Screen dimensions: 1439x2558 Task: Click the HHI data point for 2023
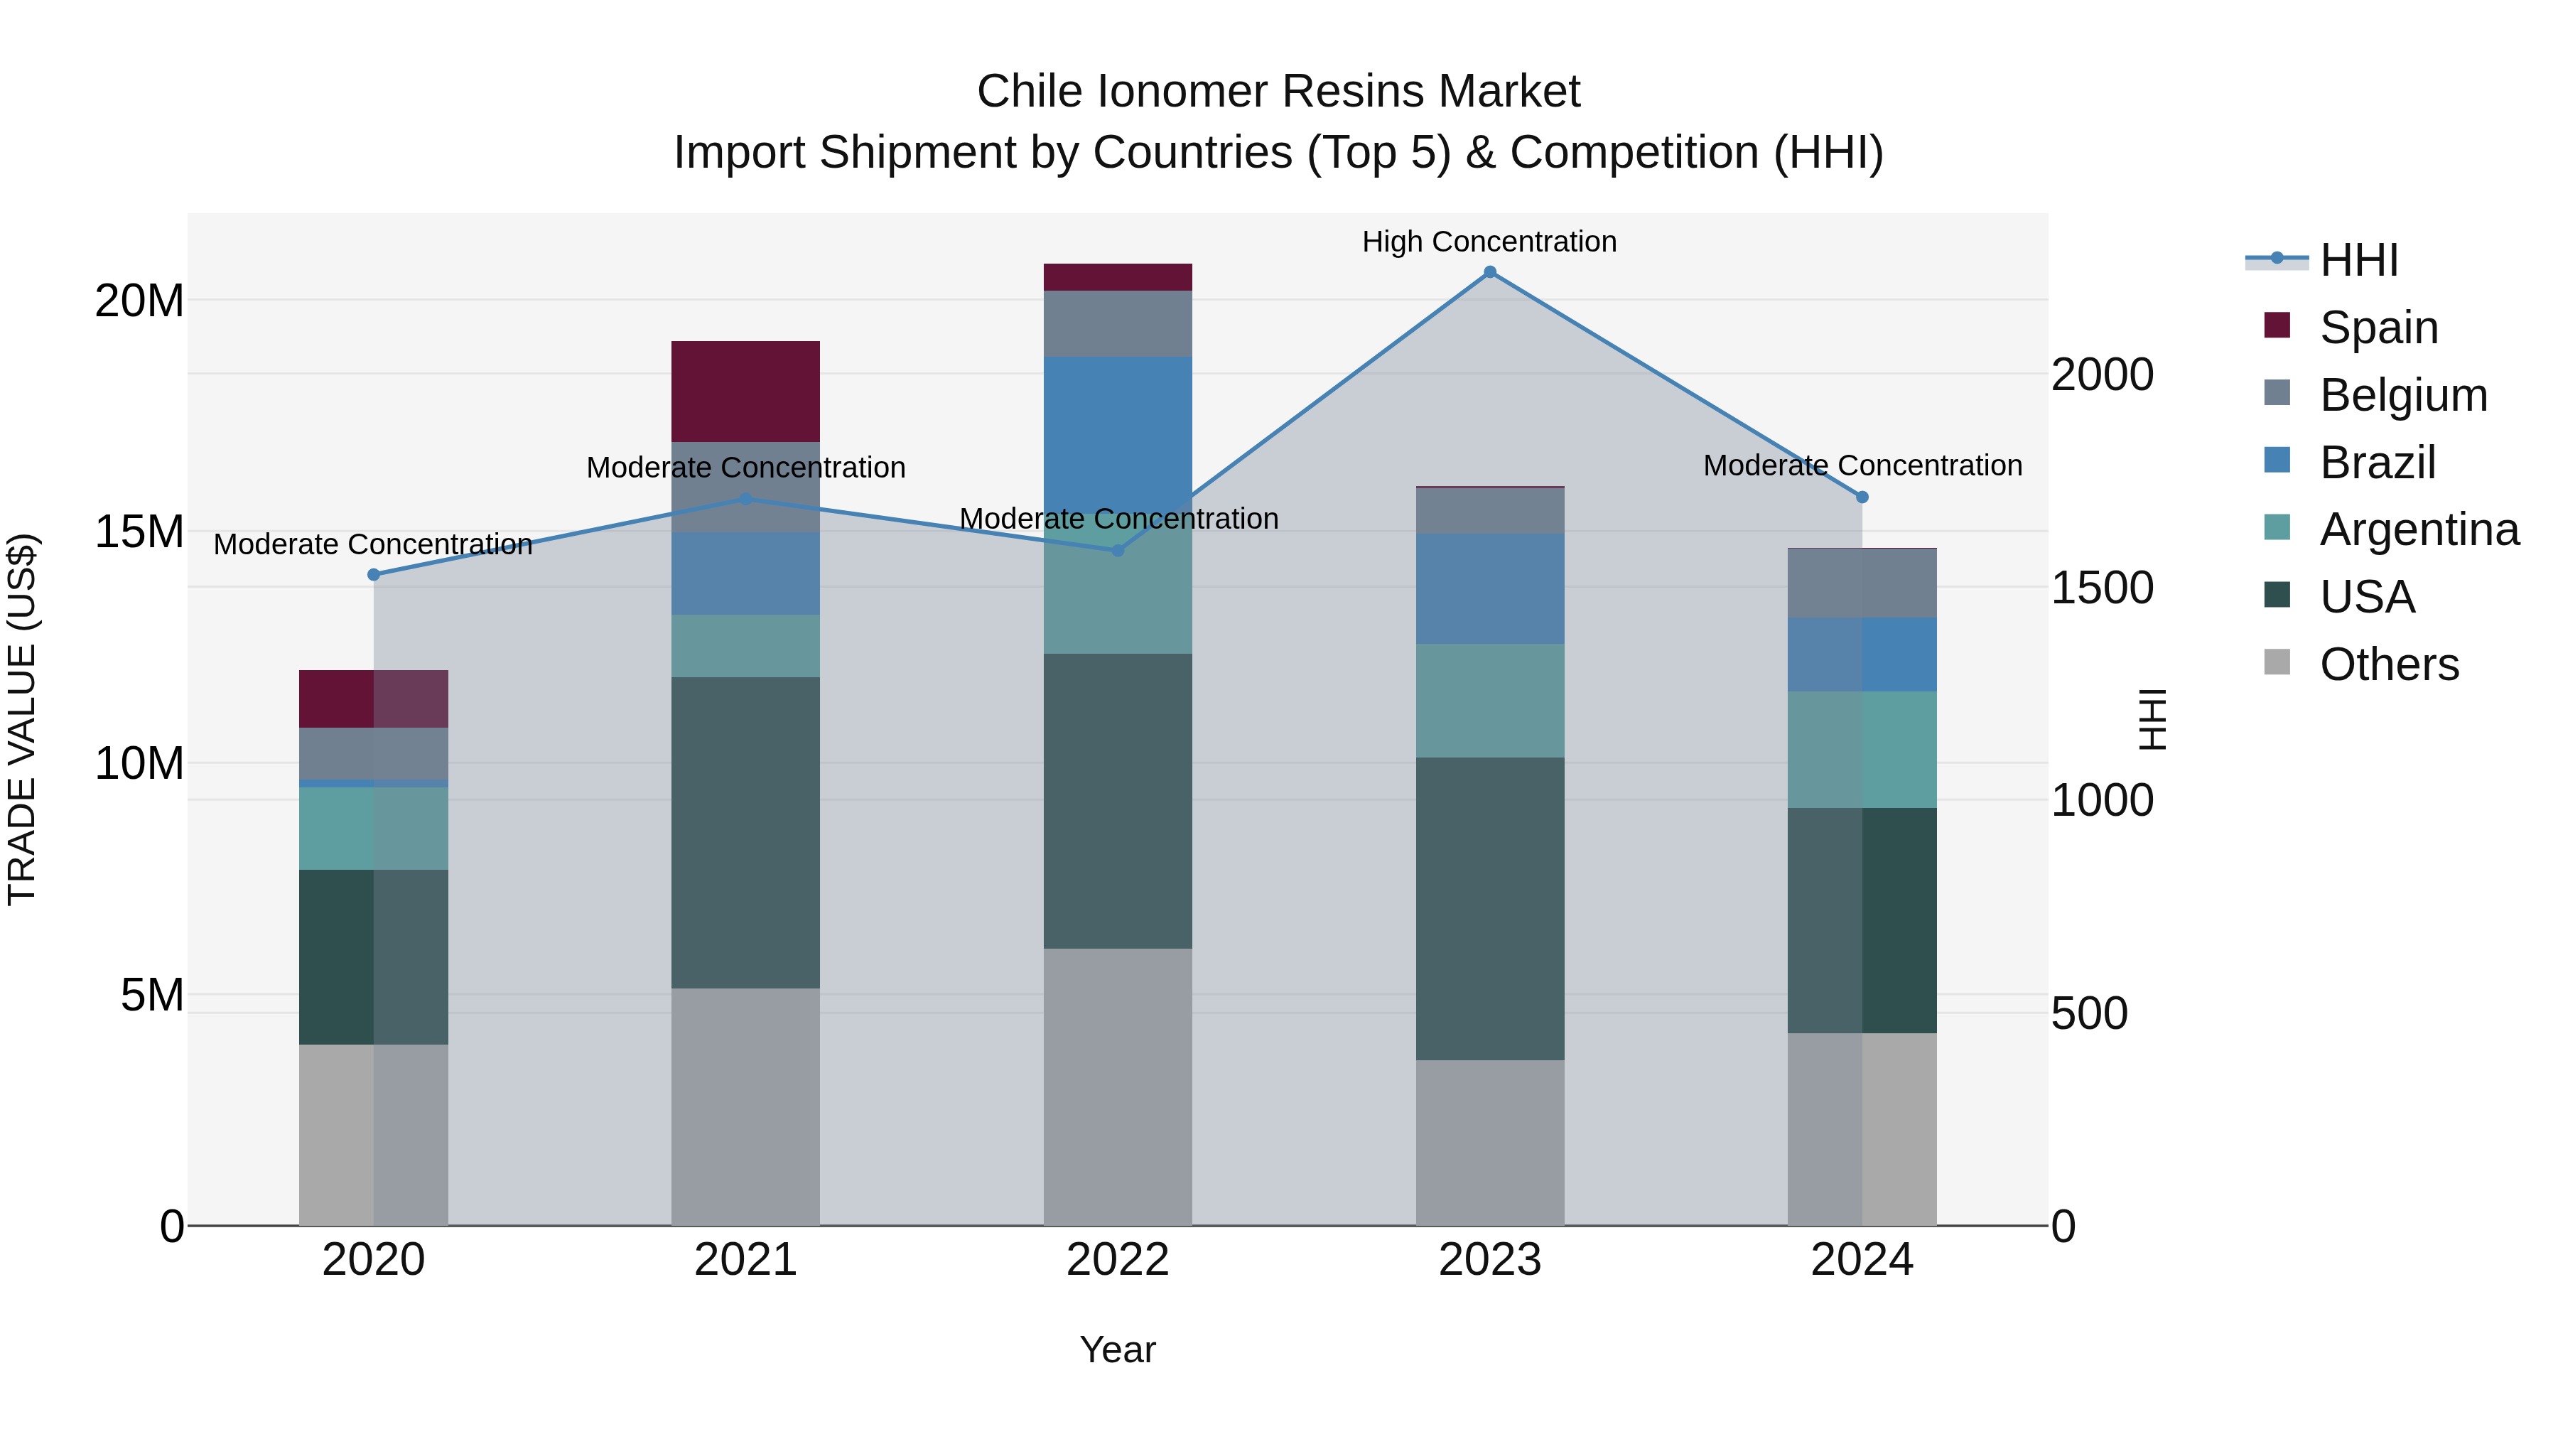click(x=1489, y=272)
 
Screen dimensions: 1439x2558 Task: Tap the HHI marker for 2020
click(x=373, y=575)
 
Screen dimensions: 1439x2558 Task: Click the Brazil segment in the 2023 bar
click(x=1489, y=589)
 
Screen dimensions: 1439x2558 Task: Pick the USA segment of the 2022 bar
click(x=1117, y=800)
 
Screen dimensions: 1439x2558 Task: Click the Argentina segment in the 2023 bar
click(x=1489, y=701)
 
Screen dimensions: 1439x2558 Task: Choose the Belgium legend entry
click(x=2403, y=395)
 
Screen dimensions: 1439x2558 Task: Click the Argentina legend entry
click(x=2419, y=530)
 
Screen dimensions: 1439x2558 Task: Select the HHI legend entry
click(x=2358, y=260)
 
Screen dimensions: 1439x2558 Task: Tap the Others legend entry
click(x=2389, y=664)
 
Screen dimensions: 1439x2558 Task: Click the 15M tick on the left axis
click(x=139, y=532)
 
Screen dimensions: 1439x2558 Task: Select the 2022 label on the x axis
click(x=1117, y=1260)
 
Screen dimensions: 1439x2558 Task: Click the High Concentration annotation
click(x=1489, y=242)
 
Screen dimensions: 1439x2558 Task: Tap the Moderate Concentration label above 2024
click(x=1862, y=465)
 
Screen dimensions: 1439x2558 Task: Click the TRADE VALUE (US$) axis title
click(x=22, y=719)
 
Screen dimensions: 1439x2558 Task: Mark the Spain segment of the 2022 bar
click(x=1117, y=277)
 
